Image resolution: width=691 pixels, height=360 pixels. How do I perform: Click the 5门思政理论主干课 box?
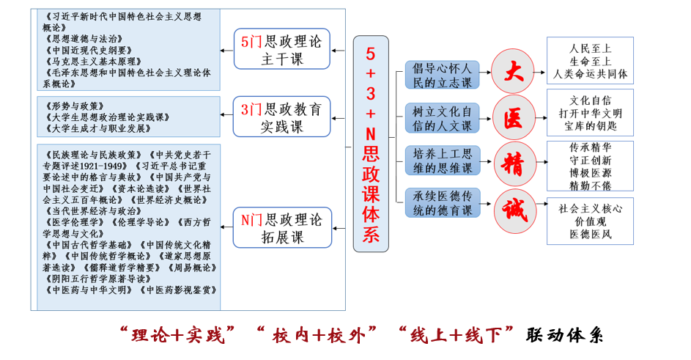pyautogui.click(x=281, y=50)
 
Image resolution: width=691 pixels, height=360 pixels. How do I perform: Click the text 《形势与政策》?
pyautogui.click(x=74, y=106)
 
